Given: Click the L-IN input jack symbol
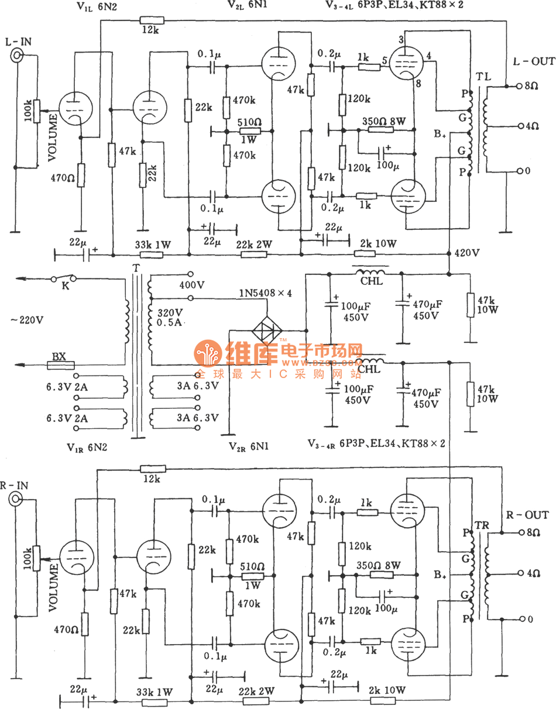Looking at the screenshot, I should (17, 56).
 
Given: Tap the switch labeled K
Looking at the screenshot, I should (61, 279).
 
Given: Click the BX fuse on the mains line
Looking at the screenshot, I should (60, 365).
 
